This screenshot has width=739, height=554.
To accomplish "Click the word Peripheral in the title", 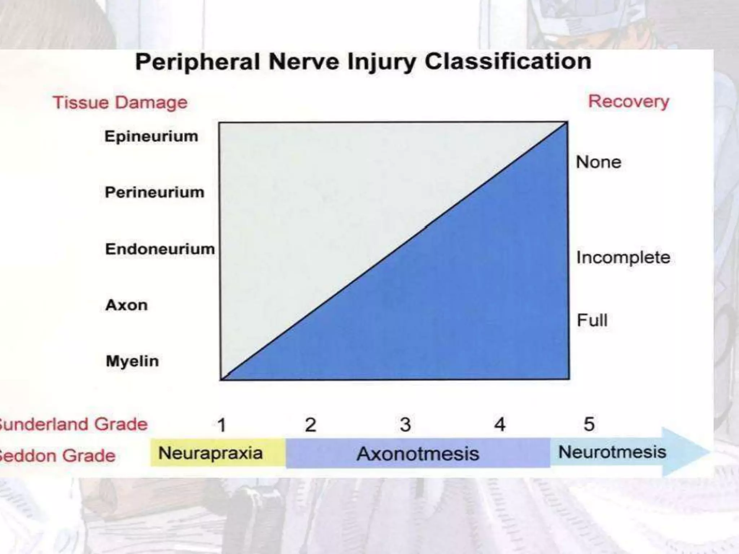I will click(x=197, y=62).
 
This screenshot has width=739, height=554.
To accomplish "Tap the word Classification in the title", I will click(x=508, y=61).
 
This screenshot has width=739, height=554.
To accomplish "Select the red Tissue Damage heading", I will click(x=120, y=102).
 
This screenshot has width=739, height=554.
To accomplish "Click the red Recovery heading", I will click(x=629, y=101).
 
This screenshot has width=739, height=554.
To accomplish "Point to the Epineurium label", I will click(x=151, y=136).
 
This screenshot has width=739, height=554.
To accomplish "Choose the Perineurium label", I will click(x=154, y=192).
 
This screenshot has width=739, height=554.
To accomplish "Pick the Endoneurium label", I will click(x=160, y=249).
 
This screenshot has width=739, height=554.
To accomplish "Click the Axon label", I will click(x=126, y=305).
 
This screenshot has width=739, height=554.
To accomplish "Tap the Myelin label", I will click(x=132, y=361).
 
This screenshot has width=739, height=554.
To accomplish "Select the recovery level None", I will click(x=598, y=162).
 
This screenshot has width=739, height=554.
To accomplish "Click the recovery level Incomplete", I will click(x=623, y=258).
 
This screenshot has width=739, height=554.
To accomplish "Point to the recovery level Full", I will click(x=592, y=320).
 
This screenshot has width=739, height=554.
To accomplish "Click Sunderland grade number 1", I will click(x=222, y=425).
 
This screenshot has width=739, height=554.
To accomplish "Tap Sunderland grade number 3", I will click(x=405, y=425).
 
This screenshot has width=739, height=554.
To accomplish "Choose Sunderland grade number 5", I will click(x=589, y=424).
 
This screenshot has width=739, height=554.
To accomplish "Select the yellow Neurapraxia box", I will click(x=210, y=453).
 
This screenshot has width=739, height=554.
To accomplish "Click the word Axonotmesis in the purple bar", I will click(x=418, y=454).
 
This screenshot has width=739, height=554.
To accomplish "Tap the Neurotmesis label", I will click(x=612, y=452).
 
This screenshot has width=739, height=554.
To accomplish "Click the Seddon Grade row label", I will click(x=58, y=456).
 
